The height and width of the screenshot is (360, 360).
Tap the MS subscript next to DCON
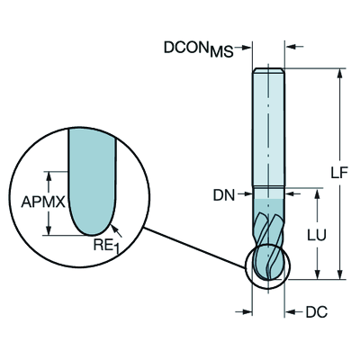click(x=221, y=51)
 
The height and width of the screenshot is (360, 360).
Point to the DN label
click(x=224, y=194)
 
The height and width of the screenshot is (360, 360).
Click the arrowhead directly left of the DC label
click(x=292, y=313)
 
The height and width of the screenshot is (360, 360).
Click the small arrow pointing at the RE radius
click(x=114, y=224)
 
